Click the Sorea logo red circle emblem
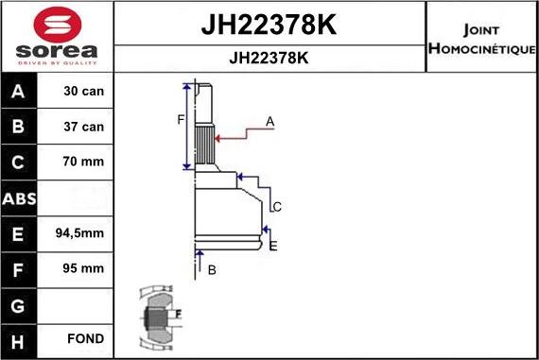click(x=57, y=22)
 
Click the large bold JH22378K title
click(x=269, y=25)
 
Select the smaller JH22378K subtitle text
click(x=269, y=58)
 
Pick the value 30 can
click(x=84, y=93)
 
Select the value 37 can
click(x=84, y=127)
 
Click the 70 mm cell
click(x=84, y=162)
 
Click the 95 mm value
click(x=84, y=268)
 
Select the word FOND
click(x=84, y=338)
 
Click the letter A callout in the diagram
click(x=269, y=121)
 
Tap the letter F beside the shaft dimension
click(x=180, y=119)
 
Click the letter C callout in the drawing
click(x=277, y=206)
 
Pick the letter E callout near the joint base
click(x=273, y=246)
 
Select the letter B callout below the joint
click(x=212, y=270)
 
